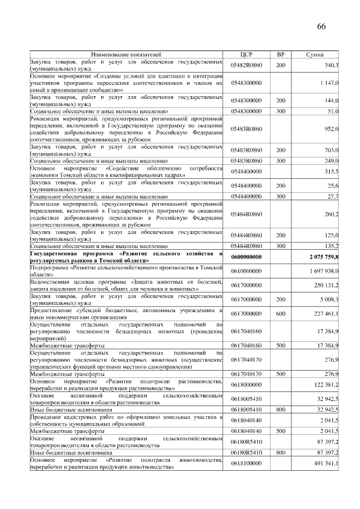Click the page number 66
point(321,27)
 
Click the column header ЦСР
point(247,55)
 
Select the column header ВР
point(280,55)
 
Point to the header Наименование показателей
point(126,55)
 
